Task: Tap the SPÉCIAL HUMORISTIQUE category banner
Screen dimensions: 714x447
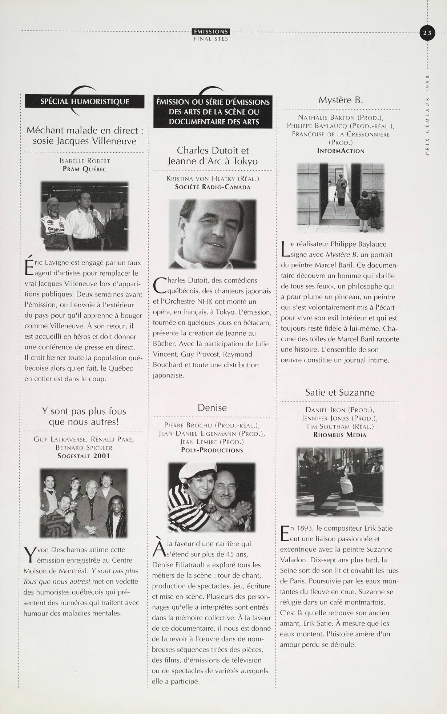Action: coord(85,101)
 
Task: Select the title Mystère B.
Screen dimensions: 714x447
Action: coord(341,100)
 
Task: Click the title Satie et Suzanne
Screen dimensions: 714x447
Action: coord(340,392)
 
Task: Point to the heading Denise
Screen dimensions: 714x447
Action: coord(212,408)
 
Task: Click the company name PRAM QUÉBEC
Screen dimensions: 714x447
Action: coord(85,169)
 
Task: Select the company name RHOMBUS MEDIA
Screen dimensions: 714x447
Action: coord(340,435)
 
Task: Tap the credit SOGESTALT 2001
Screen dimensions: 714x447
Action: coord(84,456)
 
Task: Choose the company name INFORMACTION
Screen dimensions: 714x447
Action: coord(341,151)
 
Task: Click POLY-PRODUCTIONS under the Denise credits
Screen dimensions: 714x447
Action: coord(212,450)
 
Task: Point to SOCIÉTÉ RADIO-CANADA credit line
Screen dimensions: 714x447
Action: coord(213,187)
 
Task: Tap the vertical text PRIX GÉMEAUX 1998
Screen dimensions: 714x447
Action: coord(427,115)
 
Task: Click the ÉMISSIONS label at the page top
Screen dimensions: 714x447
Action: coord(211,32)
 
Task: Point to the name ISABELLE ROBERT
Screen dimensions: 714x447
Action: coord(85,161)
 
